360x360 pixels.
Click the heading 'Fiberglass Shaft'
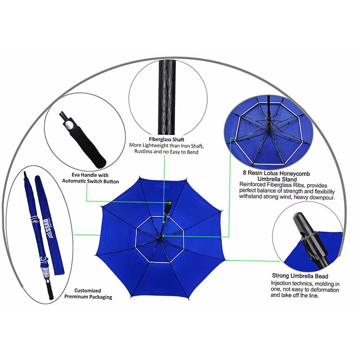pyautogui.click(x=167, y=139)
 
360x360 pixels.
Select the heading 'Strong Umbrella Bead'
pyautogui.click(x=300, y=276)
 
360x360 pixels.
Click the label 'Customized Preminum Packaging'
pyautogui.click(x=88, y=294)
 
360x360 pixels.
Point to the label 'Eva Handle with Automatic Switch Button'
pyautogui.click(x=90, y=178)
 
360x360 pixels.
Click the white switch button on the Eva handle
pyautogui.click(x=69, y=126)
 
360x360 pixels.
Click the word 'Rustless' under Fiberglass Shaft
pyautogui.click(x=143, y=151)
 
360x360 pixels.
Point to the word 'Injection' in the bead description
pyautogui.click(x=281, y=283)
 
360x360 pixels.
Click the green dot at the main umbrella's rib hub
pyautogui.click(x=163, y=236)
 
